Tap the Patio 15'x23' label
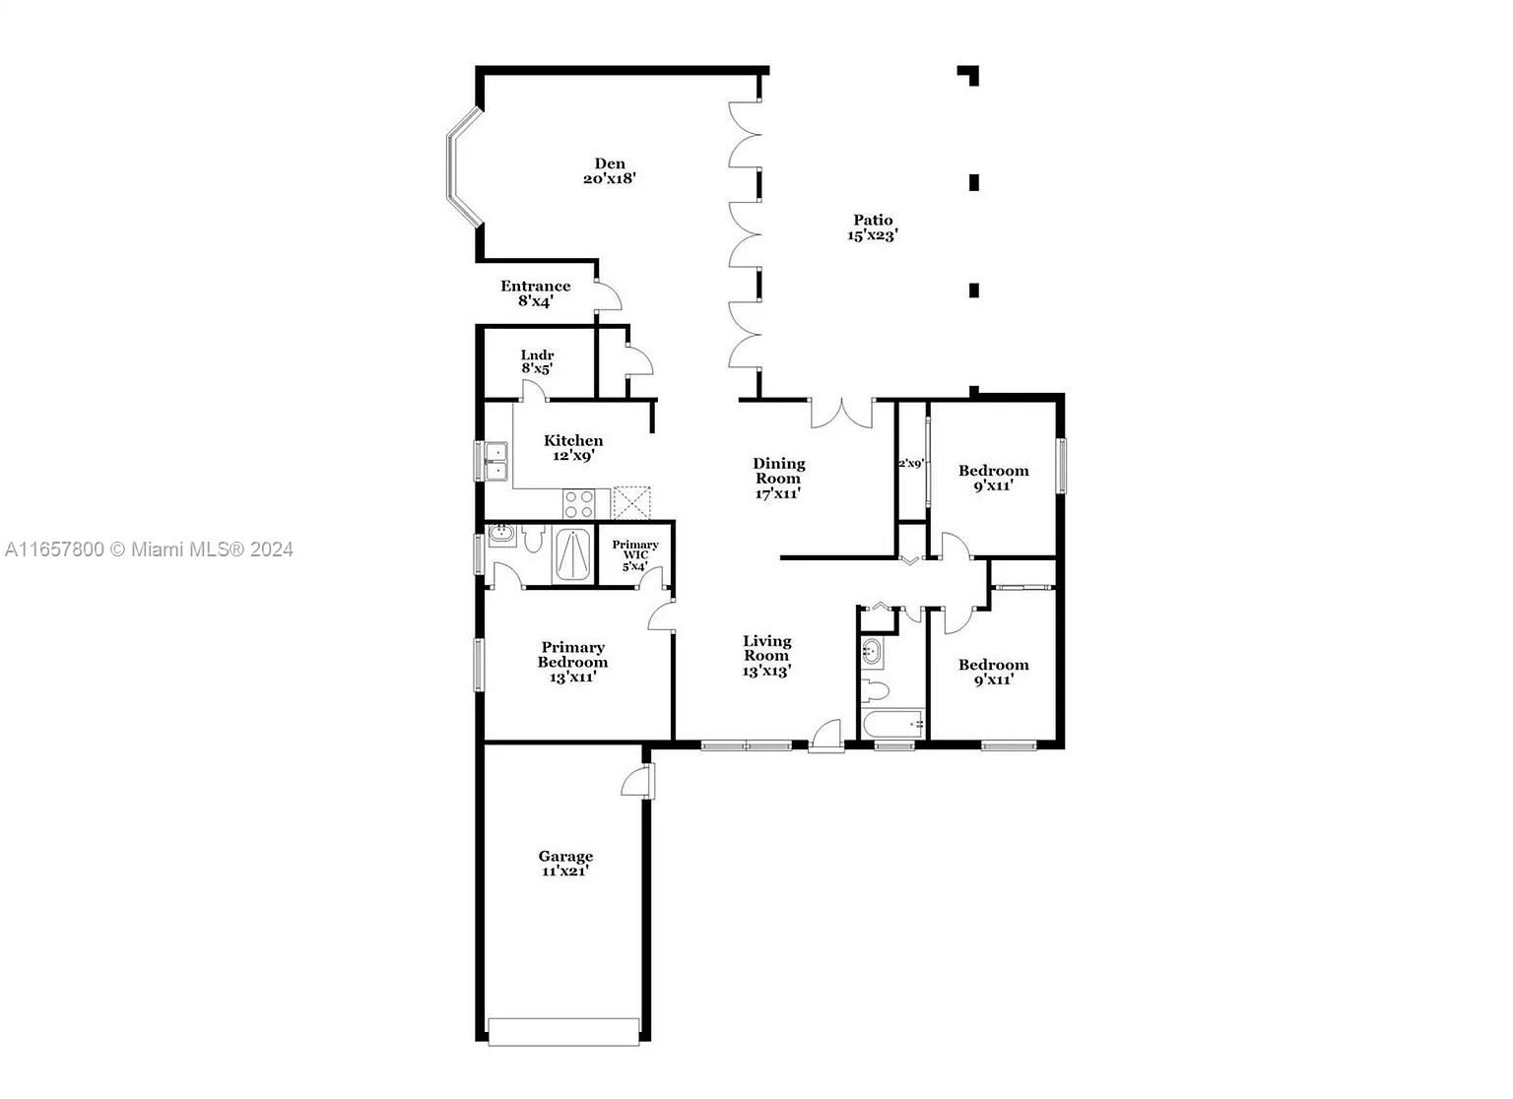(873, 227)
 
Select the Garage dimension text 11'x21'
(565, 871)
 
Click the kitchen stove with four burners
(578, 503)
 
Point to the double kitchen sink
(493, 461)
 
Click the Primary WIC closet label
(635, 554)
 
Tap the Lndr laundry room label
(537, 361)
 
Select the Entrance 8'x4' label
(536, 293)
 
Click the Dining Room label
(778, 478)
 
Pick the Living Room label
(766, 656)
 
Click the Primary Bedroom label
(572, 662)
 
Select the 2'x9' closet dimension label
(910, 464)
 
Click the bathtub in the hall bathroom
(893, 725)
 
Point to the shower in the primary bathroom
(572, 554)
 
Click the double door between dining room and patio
(841, 414)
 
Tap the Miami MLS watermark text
(149, 549)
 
